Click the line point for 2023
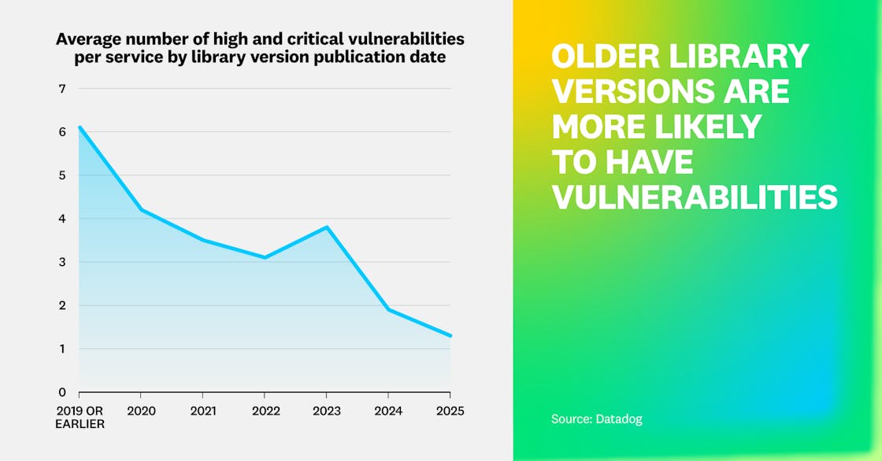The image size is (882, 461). coord(327,227)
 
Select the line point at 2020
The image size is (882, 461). coord(141,209)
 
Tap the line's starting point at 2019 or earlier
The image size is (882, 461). coord(80,127)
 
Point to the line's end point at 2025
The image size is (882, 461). coord(450,336)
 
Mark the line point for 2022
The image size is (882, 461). coord(265,257)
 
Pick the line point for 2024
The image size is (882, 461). coord(388,309)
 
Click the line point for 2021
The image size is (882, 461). coord(203,240)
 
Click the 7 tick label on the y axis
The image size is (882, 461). coord(62,89)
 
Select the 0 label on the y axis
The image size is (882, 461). coord(62,393)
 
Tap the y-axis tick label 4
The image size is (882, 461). coord(62,219)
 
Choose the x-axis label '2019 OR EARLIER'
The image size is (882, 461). coord(79,418)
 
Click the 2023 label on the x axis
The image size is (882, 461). coord(327,411)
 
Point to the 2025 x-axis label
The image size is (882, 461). coord(450,411)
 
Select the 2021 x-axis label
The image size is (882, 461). coord(203,411)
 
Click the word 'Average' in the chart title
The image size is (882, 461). coord(86,39)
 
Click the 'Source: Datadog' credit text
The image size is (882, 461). coord(596,419)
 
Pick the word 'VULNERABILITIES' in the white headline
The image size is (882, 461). coord(694,197)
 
